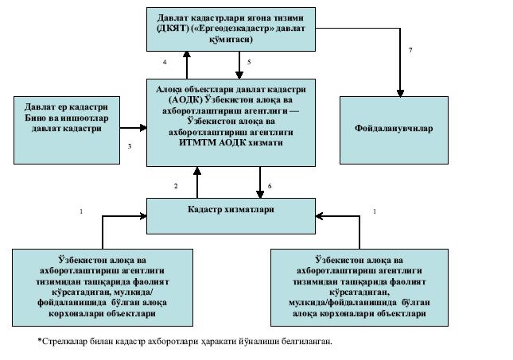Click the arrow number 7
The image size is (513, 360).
pos(410,50)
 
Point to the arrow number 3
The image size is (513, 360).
pos(129,146)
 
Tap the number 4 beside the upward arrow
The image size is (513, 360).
pos(165,61)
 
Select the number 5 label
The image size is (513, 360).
pos(249,61)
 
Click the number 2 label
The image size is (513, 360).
pos(176,185)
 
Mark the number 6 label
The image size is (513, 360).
pos(270,185)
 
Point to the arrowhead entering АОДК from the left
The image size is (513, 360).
pos(142,127)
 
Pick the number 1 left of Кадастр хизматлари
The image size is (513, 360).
pos(80,211)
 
